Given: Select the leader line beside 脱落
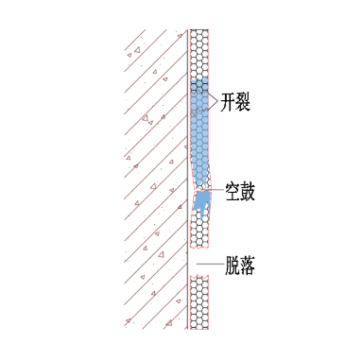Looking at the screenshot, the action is pyautogui.click(x=213, y=266).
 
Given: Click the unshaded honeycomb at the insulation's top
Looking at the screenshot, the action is pyautogui.click(x=198, y=52).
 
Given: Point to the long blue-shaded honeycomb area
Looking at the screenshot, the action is pyautogui.click(x=198, y=123).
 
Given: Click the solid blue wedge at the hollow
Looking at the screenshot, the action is pyautogui.click(x=201, y=201).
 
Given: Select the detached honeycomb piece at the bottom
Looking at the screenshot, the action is pyautogui.click(x=198, y=302).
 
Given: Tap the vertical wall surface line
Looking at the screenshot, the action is pyautogui.click(x=186, y=236).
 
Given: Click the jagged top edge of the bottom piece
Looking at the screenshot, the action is pyautogui.click(x=198, y=277).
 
